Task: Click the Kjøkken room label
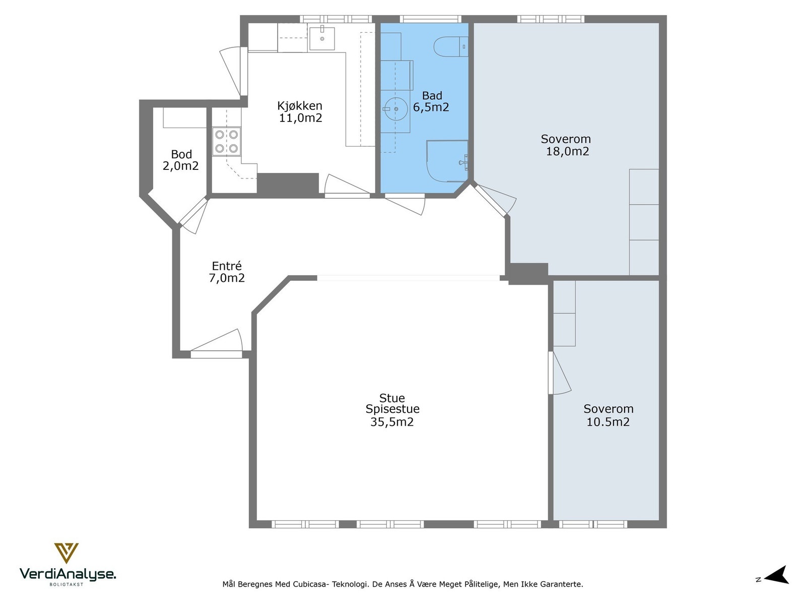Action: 300,106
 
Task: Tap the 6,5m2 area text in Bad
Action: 431,107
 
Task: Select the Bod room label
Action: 181,154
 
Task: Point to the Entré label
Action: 227,266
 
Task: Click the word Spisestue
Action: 392,409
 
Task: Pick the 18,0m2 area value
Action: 567,151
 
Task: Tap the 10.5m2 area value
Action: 608,421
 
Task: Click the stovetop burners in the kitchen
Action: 227,142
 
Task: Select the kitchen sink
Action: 322,38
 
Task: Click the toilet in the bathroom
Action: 451,47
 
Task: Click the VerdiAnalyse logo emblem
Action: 66,553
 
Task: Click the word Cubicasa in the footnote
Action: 310,584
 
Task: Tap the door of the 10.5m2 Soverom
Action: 560,373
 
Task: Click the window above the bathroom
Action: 430,19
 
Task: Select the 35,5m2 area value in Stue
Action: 392,422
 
